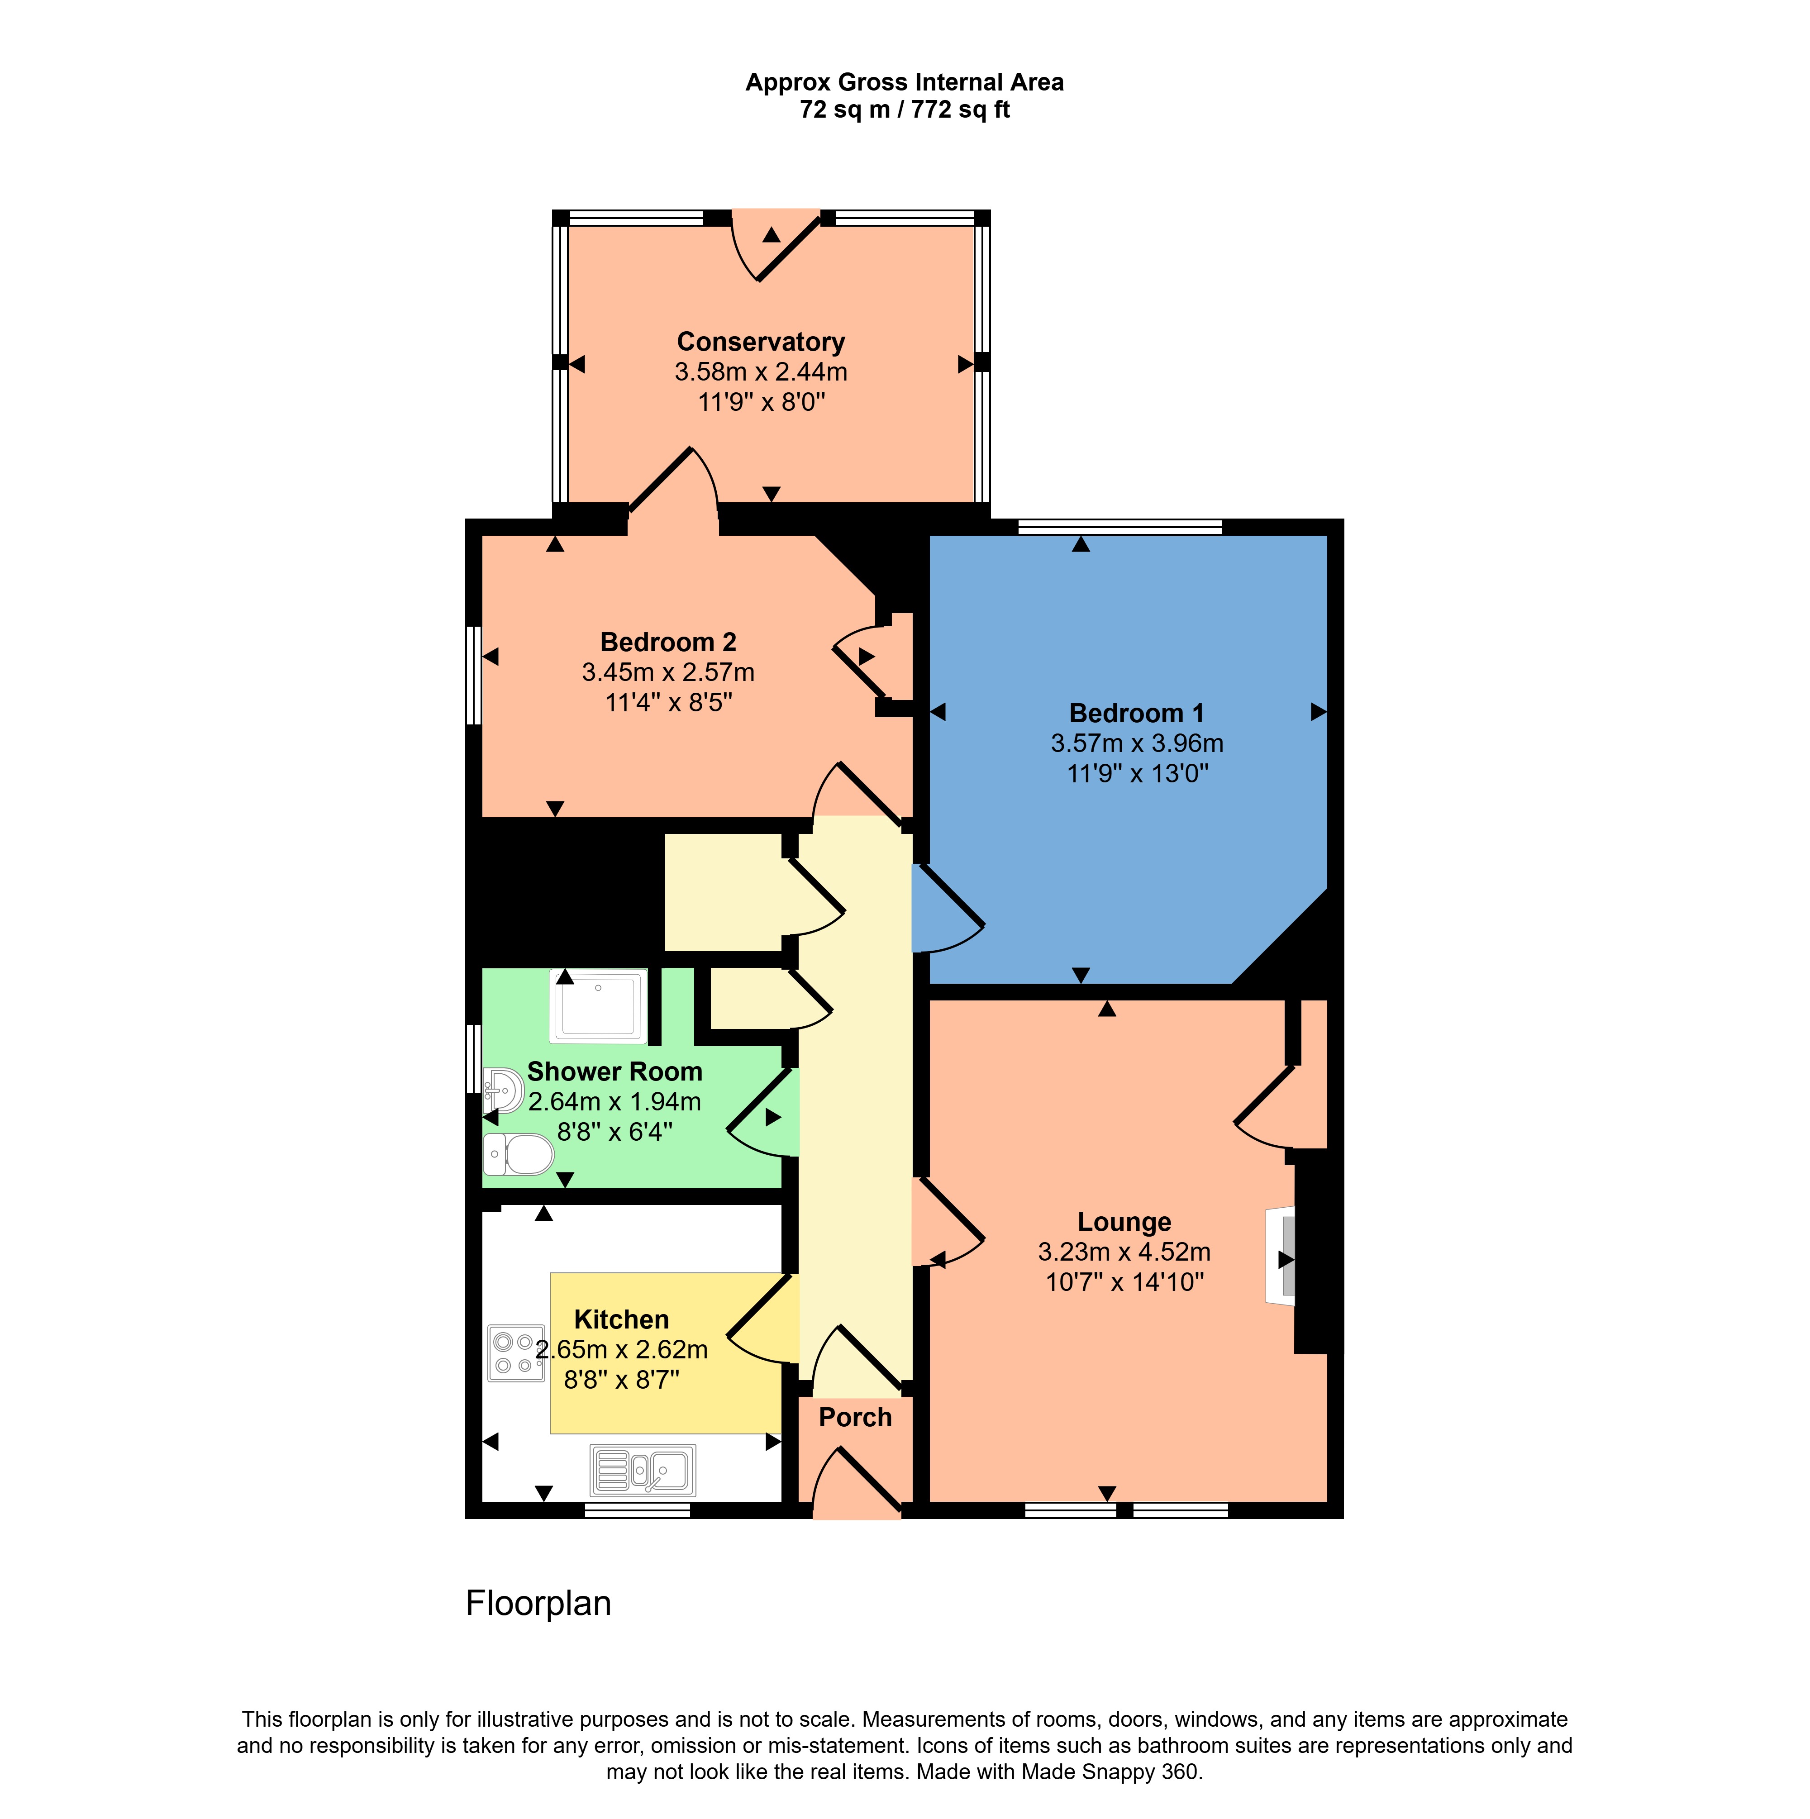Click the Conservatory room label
click(x=761, y=342)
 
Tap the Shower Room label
click(x=614, y=1071)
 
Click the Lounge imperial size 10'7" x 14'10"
click(x=1124, y=1282)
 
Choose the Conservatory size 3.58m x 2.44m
click(x=761, y=372)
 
